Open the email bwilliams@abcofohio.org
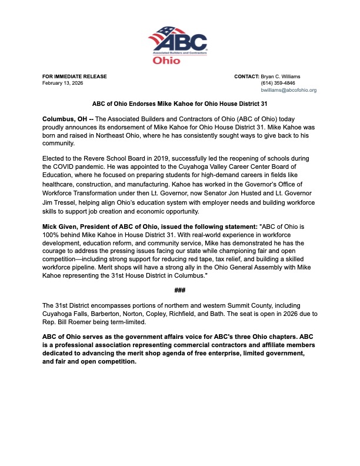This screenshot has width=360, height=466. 289,90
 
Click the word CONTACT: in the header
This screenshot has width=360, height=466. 246,76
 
